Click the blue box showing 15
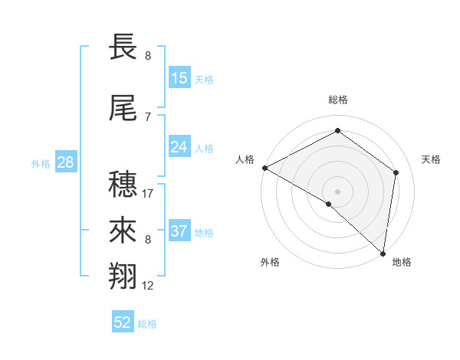click(x=179, y=78)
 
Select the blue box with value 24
click(x=179, y=147)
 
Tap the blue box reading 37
click(x=179, y=231)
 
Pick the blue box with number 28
click(x=65, y=162)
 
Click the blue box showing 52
click(x=123, y=322)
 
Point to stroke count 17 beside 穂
click(x=149, y=194)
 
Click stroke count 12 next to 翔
click(x=149, y=286)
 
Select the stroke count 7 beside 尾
click(x=147, y=116)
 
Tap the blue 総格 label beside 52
click(x=147, y=324)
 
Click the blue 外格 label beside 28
click(x=41, y=163)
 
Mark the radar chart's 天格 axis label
click(x=432, y=159)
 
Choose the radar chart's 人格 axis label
click(x=245, y=159)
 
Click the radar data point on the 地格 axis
click(x=383, y=253)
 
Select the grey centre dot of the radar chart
click(x=337, y=190)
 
